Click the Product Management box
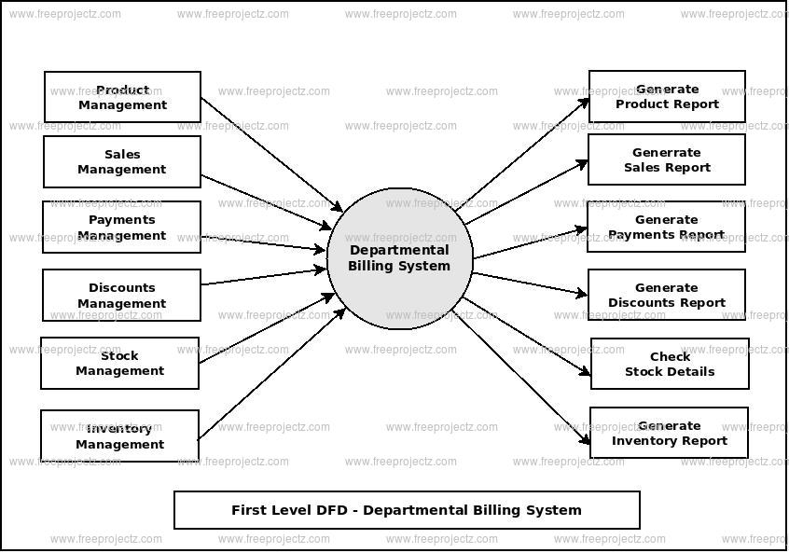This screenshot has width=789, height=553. pos(122,97)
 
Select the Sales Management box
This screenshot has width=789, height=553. pos(122,162)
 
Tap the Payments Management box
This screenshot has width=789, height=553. pos(122,228)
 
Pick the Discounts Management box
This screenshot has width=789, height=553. pos(122,296)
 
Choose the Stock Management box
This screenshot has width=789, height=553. pos(120,363)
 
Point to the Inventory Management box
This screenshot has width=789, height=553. pos(120,435)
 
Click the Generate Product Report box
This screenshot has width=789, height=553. pos(667,96)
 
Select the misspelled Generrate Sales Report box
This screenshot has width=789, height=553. pos(667,159)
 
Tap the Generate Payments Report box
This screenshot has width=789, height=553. pos(667,228)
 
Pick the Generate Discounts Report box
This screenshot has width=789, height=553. pos(667,295)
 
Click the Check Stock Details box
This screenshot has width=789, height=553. pos(670,364)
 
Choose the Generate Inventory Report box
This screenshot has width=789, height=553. pos(670,433)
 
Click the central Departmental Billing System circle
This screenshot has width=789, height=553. pos(399,258)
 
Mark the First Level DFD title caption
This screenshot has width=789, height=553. pos(407,510)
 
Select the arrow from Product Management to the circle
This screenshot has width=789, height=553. pos(270,154)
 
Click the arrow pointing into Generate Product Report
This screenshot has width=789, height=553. pos(527,149)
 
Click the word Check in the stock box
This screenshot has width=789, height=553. pos(670,356)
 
